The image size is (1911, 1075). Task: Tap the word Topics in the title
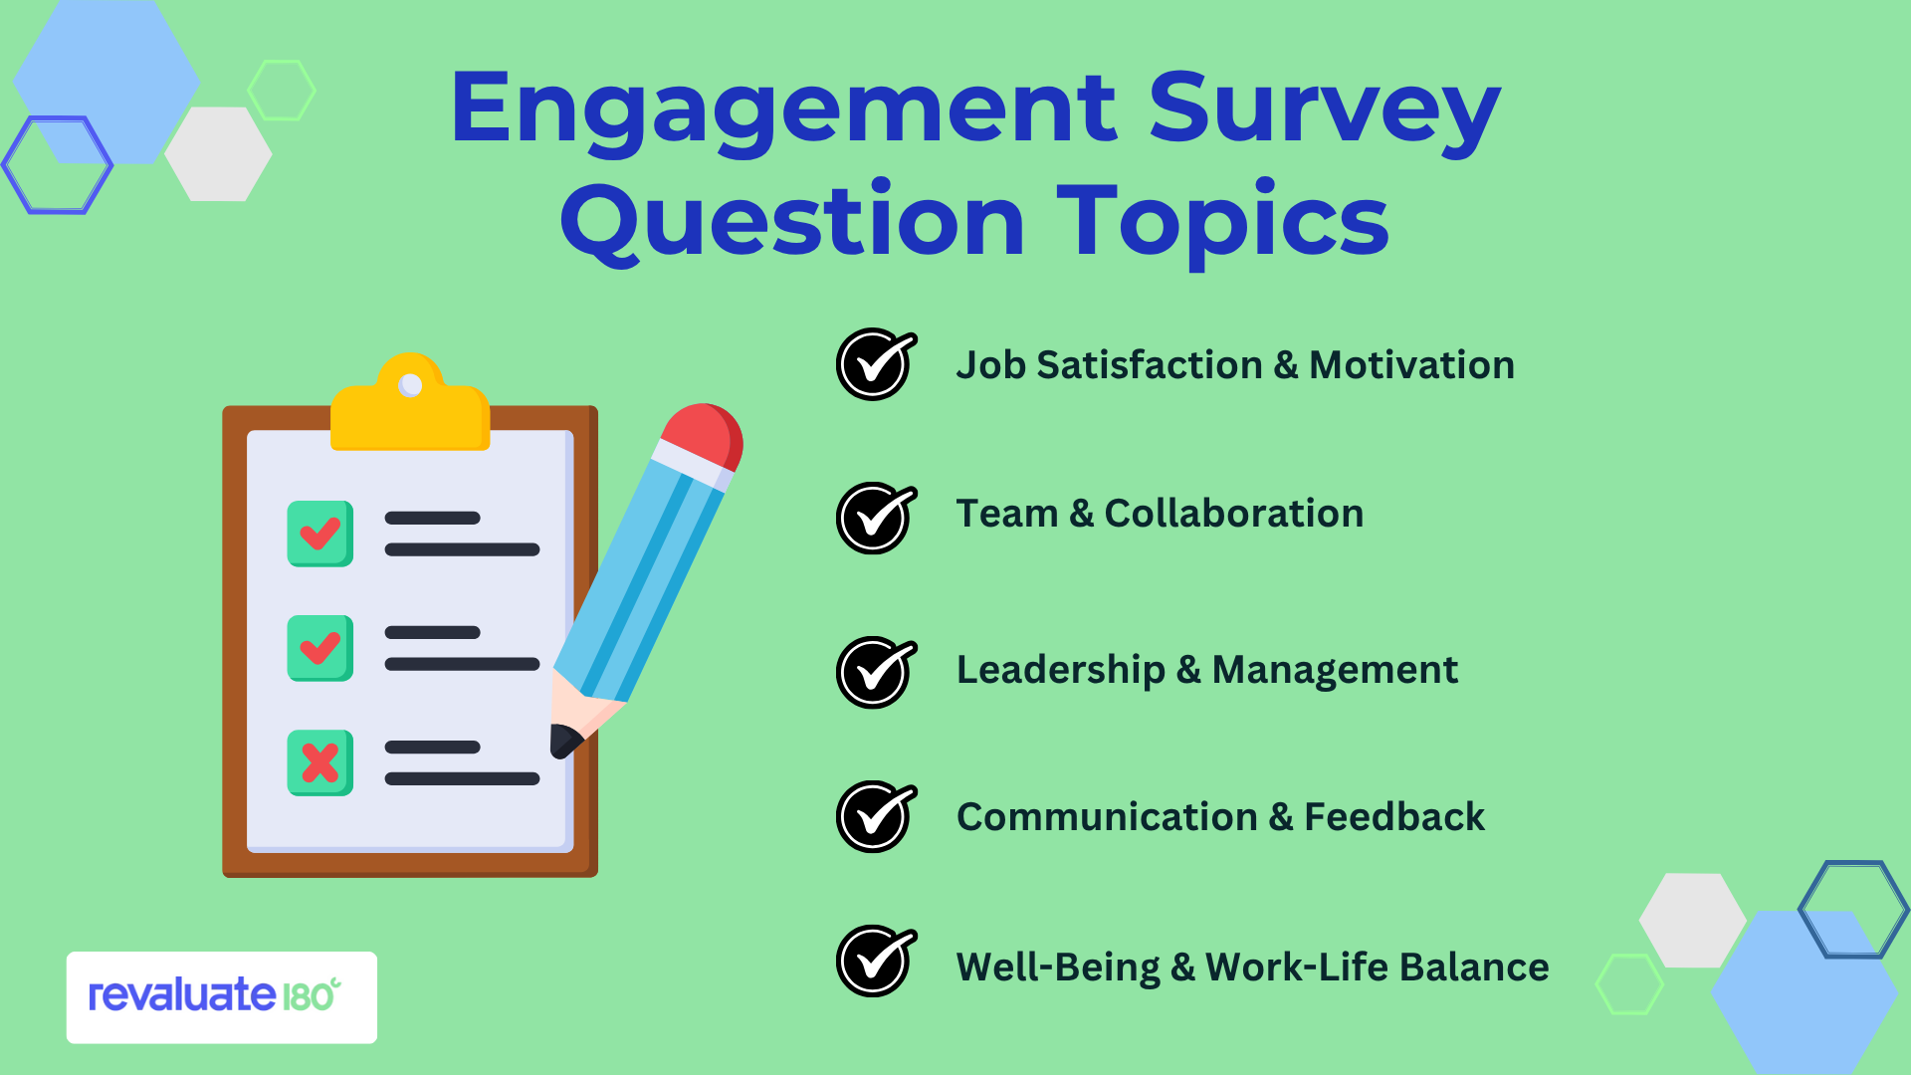click(x=1222, y=223)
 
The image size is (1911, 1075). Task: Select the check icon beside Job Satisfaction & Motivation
click(x=876, y=364)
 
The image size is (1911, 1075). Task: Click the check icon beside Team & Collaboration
click(x=876, y=518)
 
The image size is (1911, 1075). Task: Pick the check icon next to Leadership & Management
click(x=876, y=672)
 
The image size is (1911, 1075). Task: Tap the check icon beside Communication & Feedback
click(x=876, y=816)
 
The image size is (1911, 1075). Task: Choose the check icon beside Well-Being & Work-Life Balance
click(x=876, y=961)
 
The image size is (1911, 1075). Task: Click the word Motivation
click(x=1411, y=365)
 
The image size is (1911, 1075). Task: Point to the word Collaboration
click(x=1234, y=514)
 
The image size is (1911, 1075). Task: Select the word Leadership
click(x=1061, y=671)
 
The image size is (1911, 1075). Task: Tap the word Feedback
click(x=1394, y=817)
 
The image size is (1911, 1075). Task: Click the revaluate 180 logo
click(x=221, y=996)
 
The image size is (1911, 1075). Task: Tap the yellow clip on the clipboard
click(x=410, y=402)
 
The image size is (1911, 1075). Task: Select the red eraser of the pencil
click(x=703, y=436)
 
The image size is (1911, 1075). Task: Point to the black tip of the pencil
click(x=564, y=741)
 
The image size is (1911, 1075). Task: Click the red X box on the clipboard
click(x=320, y=762)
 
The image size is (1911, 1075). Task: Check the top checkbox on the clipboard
click(x=320, y=534)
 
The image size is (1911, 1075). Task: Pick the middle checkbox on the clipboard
click(x=320, y=648)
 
